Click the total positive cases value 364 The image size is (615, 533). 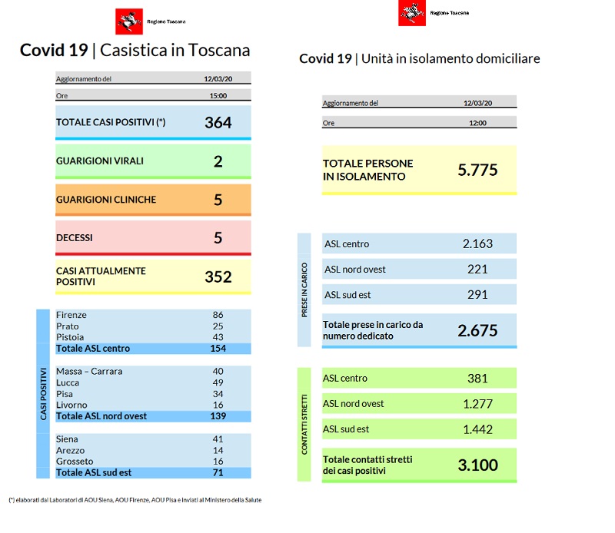pos(218,123)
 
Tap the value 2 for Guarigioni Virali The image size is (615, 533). pos(218,161)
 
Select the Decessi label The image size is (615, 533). pos(75,238)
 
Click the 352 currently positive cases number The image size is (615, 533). pos(218,276)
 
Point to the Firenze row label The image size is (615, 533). pos(71,315)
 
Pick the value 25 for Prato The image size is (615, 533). pos(218,326)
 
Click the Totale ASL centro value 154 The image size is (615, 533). pos(218,349)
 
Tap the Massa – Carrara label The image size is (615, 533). pos(89,372)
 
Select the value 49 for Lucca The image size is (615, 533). pos(218,382)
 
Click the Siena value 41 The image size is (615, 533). pos(218,439)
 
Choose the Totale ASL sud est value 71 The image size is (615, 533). pos(218,472)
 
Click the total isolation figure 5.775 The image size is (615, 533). pos(477,170)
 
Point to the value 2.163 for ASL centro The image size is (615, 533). pos(477,244)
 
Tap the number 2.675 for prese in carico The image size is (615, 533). pos(477,331)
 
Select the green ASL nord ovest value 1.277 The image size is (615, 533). pos(477,404)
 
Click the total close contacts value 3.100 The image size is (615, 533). pos(477,465)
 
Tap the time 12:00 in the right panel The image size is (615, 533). pos(477,122)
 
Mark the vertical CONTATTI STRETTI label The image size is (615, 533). pos(304,425)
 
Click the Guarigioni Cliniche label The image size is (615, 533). pos(106,200)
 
